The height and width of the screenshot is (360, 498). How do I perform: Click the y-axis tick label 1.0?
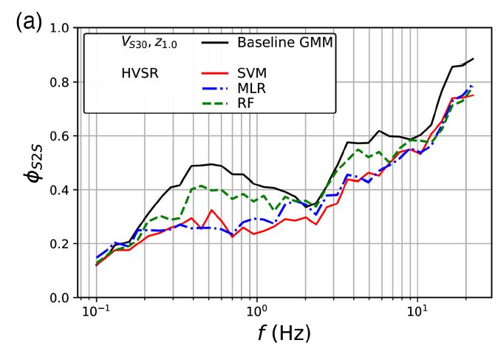(x=60, y=28)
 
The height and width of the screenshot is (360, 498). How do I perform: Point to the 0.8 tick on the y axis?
(x=60, y=82)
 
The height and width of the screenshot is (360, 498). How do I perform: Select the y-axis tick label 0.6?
(x=60, y=136)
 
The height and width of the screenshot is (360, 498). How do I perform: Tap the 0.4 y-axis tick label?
(x=60, y=190)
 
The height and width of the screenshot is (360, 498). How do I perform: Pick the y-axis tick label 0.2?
(x=60, y=244)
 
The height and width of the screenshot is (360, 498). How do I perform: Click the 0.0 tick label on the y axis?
(x=60, y=298)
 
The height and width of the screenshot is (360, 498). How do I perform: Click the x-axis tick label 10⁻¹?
(x=96, y=311)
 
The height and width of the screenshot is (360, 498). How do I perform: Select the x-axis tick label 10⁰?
(x=256, y=311)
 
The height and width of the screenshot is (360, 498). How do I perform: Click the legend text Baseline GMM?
(x=284, y=43)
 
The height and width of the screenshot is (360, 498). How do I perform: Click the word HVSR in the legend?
(x=140, y=74)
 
